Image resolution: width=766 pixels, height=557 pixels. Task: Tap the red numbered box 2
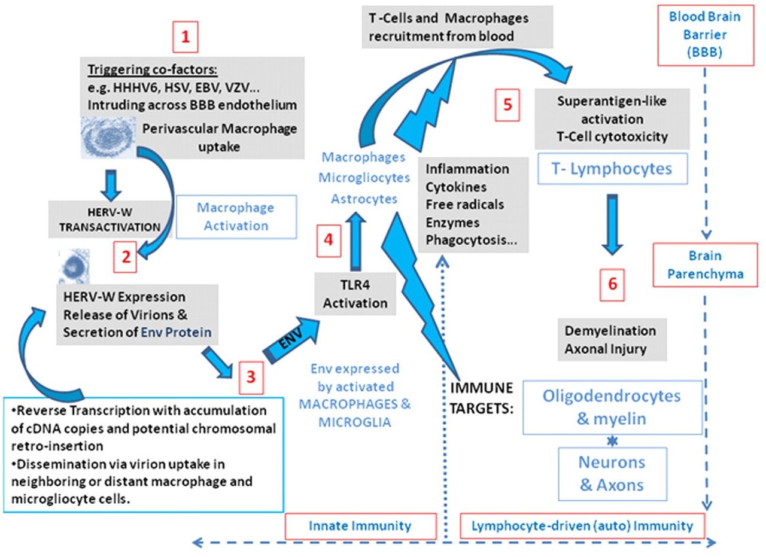click(x=125, y=257)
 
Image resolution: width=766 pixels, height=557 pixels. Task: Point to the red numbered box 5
click(x=507, y=105)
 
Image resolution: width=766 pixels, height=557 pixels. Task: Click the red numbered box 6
click(x=612, y=284)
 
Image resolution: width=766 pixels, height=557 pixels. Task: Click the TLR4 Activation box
click(x=355, y=294)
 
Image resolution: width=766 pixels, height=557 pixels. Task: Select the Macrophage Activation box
click(x=235, y=217)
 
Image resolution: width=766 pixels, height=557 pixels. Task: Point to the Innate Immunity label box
click(x=360, y=526)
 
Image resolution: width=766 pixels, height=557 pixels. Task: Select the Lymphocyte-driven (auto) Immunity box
click(x=582, y=526)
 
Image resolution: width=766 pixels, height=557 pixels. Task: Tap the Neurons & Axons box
click(x=612, y=473)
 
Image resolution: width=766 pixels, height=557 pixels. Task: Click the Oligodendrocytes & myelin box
click(x=612, y=407)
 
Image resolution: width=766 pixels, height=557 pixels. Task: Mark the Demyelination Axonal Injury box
click(x=610, y=339)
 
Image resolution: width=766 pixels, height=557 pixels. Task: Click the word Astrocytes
click(x=364, y=198)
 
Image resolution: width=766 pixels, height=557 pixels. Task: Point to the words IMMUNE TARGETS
click(x=481, y=397)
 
